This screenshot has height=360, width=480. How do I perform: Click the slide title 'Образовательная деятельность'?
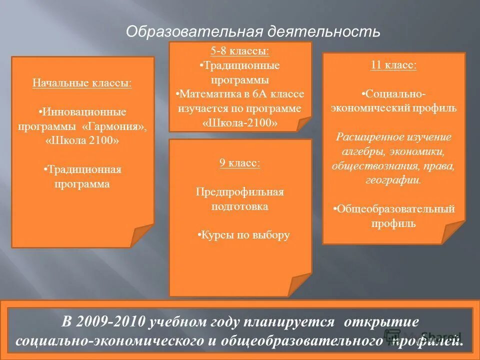[253, 32]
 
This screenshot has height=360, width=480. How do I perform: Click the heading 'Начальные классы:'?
[82, 82]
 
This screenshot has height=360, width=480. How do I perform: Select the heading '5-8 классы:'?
[240, 51]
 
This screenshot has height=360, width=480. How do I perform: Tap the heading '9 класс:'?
[240, 163]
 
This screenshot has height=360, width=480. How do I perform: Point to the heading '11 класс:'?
[393, 65]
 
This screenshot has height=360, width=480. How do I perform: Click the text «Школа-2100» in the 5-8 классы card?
[240, 122]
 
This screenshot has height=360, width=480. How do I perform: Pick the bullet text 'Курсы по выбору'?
[244, 235]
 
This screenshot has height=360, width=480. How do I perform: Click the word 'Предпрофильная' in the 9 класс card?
[239, 192]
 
